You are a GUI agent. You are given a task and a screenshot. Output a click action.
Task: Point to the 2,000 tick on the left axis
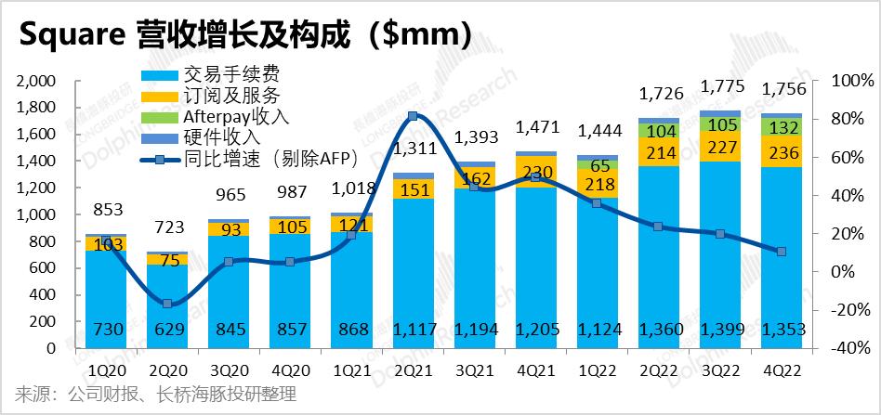(x=37, y=82)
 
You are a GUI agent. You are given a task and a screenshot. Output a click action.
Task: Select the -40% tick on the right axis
(x=844, y=349)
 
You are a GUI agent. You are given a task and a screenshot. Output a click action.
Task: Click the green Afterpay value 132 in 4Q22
(x=781, y=127)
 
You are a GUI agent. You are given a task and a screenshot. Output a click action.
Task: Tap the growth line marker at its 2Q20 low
(x=167, y=304)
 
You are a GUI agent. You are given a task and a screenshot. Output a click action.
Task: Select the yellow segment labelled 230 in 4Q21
(x=535, y=172)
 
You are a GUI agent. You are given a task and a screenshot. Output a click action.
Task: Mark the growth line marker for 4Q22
(x=781, y=252)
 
